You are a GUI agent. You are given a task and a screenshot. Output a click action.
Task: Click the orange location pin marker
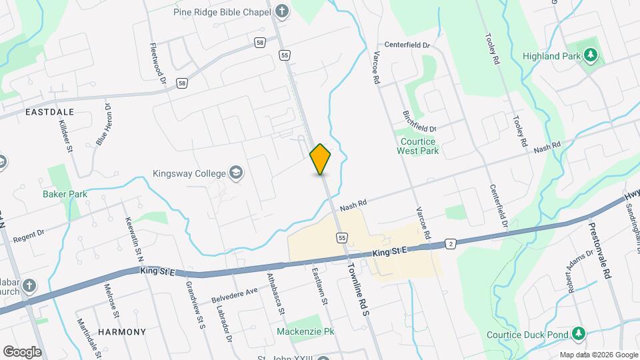click(x=321, y=159)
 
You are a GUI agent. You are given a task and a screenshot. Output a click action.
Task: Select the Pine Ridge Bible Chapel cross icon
click(x=282, y=11)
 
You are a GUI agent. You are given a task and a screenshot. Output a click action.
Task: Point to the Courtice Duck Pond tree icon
click(x=579, y=333)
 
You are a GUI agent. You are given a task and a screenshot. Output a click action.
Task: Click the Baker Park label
click(x=65, y=194)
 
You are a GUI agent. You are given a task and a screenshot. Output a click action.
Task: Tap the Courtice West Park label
click(x=417, y=146)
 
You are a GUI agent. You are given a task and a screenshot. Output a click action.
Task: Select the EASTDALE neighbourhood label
click(x=49, y=112)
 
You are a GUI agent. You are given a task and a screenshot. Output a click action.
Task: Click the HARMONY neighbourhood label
click(x=121, y=331)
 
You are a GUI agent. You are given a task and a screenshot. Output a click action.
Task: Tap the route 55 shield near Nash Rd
click(x=341, y=237)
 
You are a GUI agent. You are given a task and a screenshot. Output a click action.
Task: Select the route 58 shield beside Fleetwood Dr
click(x=181, y=83)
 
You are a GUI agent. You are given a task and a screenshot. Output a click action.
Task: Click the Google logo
click(x=23, y=351)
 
